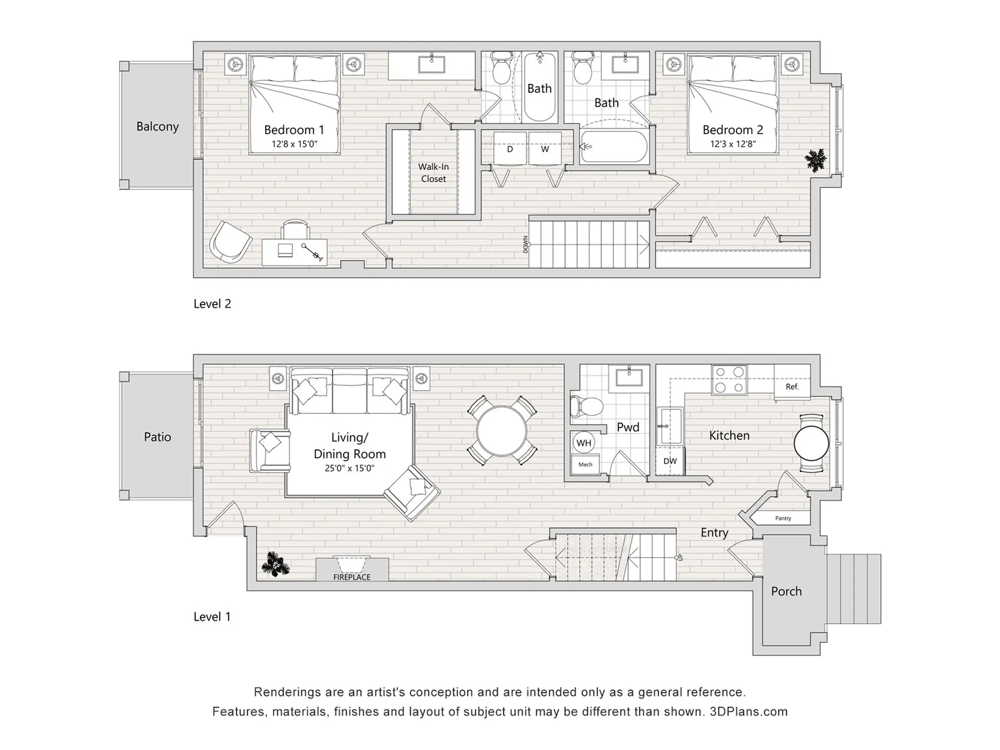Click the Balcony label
[x=157, y=127]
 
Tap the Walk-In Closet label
[x=433, y=172]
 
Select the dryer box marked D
[x=510, y=149]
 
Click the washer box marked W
[x=545, y=149]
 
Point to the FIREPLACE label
[x=352, y=577]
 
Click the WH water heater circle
[x=584, y=443]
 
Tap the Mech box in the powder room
[x=585, y=465]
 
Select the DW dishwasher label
[x=670, y=461]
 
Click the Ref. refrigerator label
[x=792, y=386]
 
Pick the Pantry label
[x=783, y=518]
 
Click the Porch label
[x=786, y=591]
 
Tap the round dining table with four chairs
[x=502, y=431]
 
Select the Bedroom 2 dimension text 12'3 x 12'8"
[x=733, y=144]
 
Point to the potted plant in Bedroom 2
[x=815, y=160]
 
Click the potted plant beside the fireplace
[x=275, y=564]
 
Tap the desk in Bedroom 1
[x=294, y=252]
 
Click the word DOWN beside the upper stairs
[x=525, y=244]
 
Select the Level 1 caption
[x=212, y=617]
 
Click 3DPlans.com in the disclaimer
[x=748, y=711]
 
